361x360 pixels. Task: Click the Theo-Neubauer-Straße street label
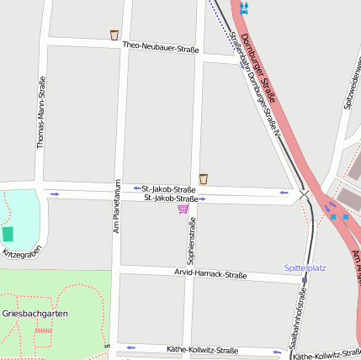click(160, 48)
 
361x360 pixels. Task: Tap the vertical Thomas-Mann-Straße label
click(40, 113)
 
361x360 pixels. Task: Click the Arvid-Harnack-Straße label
click(210, 274)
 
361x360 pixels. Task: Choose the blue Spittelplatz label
click(305, 267)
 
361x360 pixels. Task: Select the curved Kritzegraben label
click(20, 252)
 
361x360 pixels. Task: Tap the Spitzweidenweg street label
click(348, 85)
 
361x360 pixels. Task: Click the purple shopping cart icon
click(183, 209)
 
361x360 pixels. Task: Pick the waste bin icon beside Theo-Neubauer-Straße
click(114, 35)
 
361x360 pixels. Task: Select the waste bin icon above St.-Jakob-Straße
click(204, 178)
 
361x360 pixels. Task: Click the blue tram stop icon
click(244, 8)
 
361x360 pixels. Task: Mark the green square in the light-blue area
click(8, 234)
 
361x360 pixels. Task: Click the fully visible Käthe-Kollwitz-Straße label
click(202, 350)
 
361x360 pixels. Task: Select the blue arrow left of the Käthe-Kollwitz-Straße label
click(130, 347)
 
